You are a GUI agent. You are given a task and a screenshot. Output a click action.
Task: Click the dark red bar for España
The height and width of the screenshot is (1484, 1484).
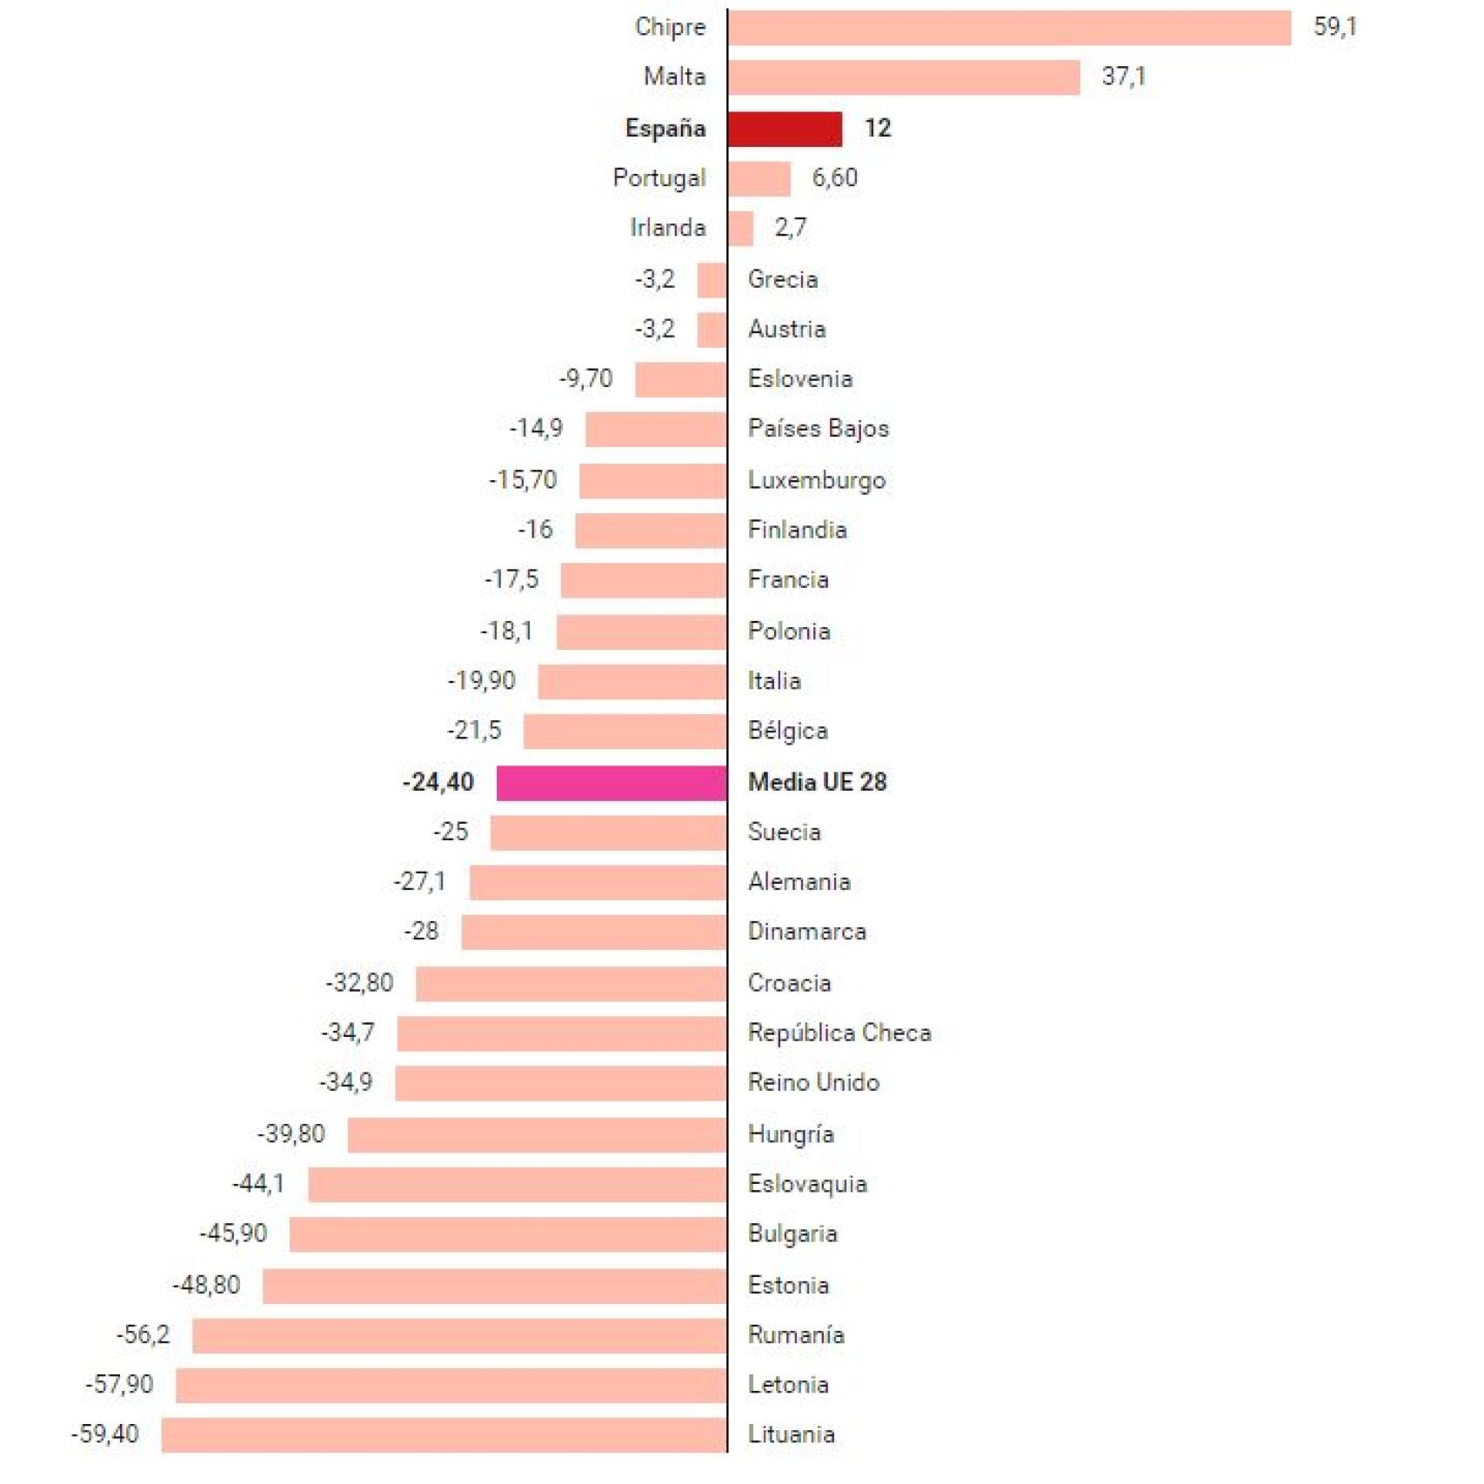(x=784, y=130)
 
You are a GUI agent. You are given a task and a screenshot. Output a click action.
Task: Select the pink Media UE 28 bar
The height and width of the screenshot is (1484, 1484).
(x=611, y=783)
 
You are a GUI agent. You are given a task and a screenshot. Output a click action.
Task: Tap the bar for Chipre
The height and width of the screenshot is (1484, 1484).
(x=1009, y=28)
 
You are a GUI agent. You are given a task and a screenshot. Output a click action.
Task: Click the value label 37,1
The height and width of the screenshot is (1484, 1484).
(x=1123, y=77)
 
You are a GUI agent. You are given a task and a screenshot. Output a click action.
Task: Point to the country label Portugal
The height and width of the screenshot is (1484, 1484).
(x=658, y=178)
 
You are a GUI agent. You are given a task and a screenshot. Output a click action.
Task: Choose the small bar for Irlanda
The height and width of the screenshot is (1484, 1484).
(x=740, y=229)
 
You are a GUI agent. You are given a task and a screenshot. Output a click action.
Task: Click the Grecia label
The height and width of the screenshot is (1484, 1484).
(x=782, y=280)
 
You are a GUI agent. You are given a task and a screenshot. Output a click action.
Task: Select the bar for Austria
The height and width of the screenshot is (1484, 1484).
(x=712, y=330)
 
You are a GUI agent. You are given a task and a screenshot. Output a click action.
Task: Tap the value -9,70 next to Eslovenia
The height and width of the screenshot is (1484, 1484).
(x=585, y=379)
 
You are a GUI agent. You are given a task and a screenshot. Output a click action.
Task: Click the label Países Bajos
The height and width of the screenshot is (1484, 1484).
(x=818, y=429)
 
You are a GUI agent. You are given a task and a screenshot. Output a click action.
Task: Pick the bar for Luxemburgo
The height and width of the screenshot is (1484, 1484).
(x=652, y=481)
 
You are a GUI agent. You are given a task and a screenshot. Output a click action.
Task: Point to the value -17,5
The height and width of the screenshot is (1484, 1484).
(x=511, y=579)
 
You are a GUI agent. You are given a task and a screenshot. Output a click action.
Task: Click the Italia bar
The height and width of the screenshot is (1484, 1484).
(x=632, y=682)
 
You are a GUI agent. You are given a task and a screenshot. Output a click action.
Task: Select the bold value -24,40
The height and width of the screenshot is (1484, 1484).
(x=438, y=783)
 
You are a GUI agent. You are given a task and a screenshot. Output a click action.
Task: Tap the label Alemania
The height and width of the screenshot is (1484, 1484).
(x=799, y=883)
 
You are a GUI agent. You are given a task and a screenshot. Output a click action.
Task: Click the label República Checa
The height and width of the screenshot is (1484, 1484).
(x=839, y=1033)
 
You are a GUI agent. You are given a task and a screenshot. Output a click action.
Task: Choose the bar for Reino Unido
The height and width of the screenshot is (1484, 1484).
(x=560, y=1084)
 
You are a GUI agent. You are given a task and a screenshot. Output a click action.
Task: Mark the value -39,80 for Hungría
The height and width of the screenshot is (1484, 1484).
(x=291, y=1134)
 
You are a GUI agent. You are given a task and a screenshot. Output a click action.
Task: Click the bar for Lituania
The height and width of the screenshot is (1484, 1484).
(x=444, y=1435)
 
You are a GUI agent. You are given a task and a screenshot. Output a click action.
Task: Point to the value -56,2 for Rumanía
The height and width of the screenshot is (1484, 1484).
(x=144, y=1335)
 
